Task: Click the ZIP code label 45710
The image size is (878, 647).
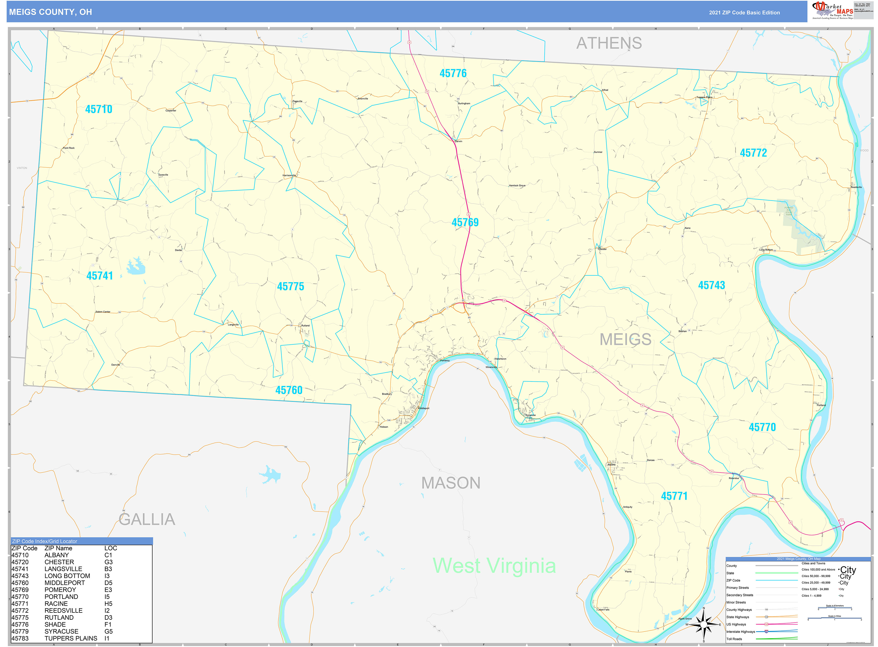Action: [99, 109]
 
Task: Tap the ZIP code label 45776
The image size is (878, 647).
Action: [453, 73]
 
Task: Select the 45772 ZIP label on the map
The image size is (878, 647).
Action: [753, 153]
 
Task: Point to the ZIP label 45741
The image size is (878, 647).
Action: [100, 276]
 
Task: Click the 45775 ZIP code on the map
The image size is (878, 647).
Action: [290, 286]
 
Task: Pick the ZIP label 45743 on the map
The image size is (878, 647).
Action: [711, 285]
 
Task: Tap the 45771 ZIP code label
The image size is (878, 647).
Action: [674, 496]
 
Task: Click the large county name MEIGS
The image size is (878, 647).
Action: [625, 339]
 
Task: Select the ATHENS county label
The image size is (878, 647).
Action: [609, 43]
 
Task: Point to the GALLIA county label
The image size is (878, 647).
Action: [147, 519]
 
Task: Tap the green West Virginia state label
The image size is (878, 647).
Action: [494, 566]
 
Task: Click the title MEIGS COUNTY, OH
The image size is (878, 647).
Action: [51, 12]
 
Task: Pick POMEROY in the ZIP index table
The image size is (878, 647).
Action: [60, 590]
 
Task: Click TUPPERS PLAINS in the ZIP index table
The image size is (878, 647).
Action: [71, 638]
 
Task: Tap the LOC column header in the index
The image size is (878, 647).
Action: [110, 548]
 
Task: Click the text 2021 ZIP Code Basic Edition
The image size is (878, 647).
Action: [744, 12]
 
